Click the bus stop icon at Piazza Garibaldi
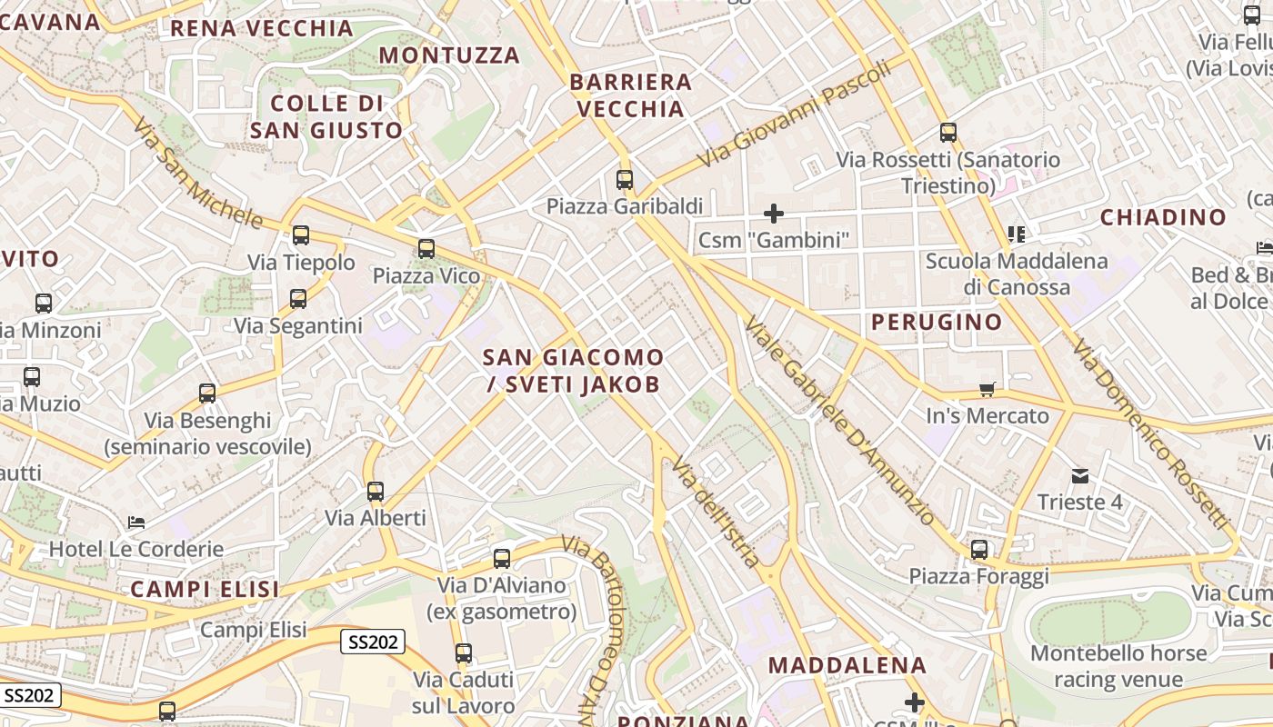625,180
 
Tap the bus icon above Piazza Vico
426,249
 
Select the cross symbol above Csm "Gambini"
774,214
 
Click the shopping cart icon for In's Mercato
987,390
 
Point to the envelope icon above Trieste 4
1080,475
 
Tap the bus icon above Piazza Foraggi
979,550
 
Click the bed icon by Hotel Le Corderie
136,523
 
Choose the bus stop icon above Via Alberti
376,492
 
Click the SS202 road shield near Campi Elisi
373,642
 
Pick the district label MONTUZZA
449,55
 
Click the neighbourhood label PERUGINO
937,322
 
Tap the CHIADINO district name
1163,217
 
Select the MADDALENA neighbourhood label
847,665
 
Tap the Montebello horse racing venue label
1118,666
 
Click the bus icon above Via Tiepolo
301,235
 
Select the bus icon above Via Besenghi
207,393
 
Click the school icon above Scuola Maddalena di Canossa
1017,234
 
